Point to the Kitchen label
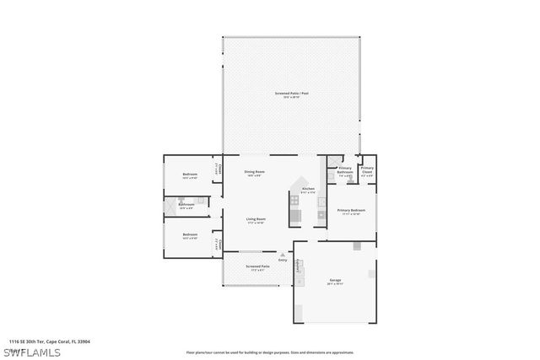(x=308, y=189)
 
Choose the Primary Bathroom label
(x=345, y=169)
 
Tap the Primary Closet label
(x=367, y=169)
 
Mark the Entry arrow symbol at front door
(x=283, y=254)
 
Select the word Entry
(x=283, y=260)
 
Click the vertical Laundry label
(x=298, y=264)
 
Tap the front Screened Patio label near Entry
(x=257, y=266)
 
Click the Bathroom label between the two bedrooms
(x=186, y=204)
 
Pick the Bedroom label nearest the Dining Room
(x=190, y=175)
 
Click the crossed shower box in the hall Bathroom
(x=169, y=204)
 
